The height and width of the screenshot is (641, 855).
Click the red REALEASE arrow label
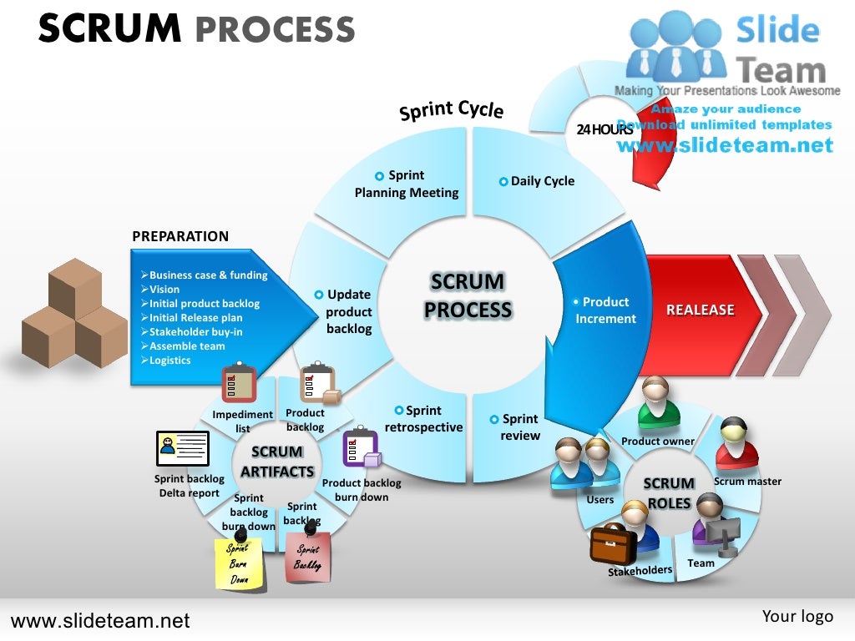tap(700, 310)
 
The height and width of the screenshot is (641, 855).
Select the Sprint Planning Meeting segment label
tap(407, 184)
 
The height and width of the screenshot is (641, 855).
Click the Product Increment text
tap(605, 310)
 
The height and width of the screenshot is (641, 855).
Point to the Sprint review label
tap(519, 427)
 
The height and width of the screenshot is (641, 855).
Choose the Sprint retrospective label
tap(423, 419)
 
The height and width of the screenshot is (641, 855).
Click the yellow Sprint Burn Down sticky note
tap(240, 561)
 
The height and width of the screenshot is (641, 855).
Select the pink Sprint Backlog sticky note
tap(307, 557)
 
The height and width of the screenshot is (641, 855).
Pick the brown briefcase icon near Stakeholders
tap(613, 545)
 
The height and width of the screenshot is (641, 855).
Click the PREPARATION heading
tap(180, 236)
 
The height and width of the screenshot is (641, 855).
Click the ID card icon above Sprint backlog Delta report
tap(183, 448)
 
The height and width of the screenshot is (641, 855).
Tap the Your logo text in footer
tap(797, 616)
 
